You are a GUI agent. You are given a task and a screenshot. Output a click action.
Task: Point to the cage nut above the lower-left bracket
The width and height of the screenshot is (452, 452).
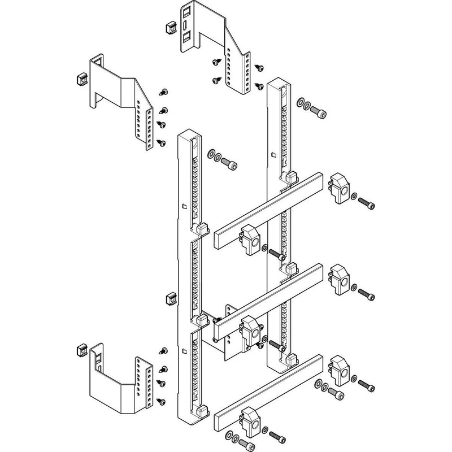coord(80,350)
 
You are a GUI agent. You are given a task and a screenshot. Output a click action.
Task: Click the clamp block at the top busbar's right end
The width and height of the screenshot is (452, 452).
coord(338,189)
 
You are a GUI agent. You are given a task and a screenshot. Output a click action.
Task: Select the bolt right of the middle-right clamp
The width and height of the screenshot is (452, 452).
coord(367,295)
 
